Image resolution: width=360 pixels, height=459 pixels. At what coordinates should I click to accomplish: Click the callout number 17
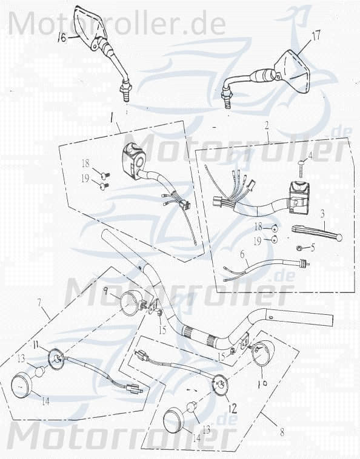click(x=316, y=36)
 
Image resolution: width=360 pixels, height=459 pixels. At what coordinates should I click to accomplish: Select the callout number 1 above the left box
click(x=112, y=114)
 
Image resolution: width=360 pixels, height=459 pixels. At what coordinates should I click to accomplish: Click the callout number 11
click(x=35, y=345)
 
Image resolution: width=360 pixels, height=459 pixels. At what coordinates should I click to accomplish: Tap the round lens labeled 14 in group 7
click(x=25, y=386)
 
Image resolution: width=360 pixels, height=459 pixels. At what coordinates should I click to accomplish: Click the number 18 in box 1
click(x=85, y=163)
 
